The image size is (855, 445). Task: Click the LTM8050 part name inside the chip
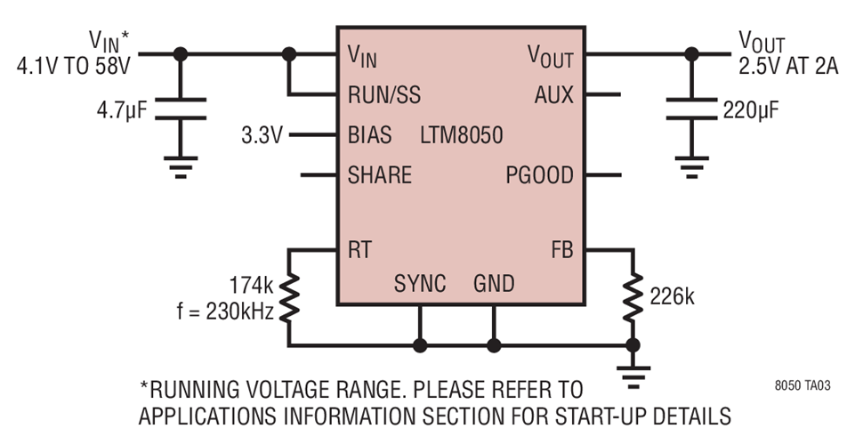point(461,136)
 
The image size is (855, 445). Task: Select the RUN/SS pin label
point(384,95)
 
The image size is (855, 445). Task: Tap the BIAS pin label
point(369,136)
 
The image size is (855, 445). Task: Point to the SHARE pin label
point(380,175)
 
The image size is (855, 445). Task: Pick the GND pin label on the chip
point(494,284)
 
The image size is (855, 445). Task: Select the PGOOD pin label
point(539,175)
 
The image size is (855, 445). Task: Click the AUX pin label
point(553,95)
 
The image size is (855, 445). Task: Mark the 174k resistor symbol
point(288,298)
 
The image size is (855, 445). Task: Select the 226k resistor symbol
point(633,298)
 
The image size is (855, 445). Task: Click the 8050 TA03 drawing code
point(805,388)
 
